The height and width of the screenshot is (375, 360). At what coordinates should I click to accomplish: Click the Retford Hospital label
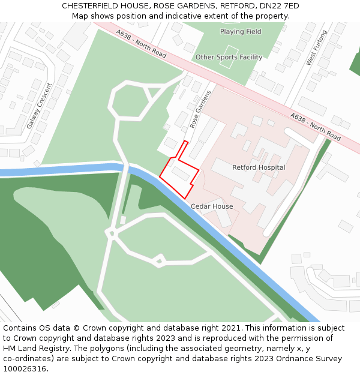259,167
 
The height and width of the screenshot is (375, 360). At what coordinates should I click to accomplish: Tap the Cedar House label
212,206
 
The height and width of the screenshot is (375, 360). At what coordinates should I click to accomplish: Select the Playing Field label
241,32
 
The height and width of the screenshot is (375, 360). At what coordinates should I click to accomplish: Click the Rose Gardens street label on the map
201,109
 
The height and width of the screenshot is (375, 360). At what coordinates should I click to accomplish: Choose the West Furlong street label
317,47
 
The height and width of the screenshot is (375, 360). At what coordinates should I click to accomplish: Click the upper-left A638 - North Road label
141,45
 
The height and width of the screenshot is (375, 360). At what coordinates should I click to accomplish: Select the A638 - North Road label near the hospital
315,127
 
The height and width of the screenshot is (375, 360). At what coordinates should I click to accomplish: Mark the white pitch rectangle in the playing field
231,50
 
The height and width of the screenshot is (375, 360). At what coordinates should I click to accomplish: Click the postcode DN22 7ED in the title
279,6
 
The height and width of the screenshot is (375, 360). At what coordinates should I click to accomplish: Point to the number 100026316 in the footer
25,369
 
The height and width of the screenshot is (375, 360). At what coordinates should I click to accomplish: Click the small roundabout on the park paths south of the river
158,260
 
